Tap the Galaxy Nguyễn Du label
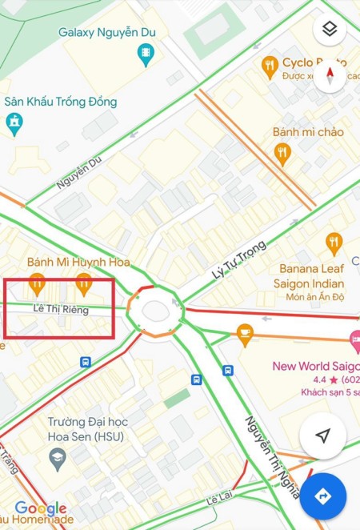click(x=107, y=33)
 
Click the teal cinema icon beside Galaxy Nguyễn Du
click(x=146, y=55)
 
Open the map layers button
click(x=330, y=30)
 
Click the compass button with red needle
click(x=330, y=76)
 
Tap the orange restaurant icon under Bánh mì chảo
click(x=282, y=151)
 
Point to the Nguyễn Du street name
click(x=79, y=172)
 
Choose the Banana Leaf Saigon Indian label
click(x=311, y=276)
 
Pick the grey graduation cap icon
click(x=57, y=458)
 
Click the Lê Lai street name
click(x=225, y=499)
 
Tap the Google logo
click(x=40, y=508)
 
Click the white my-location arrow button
click(x=322, y=436)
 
